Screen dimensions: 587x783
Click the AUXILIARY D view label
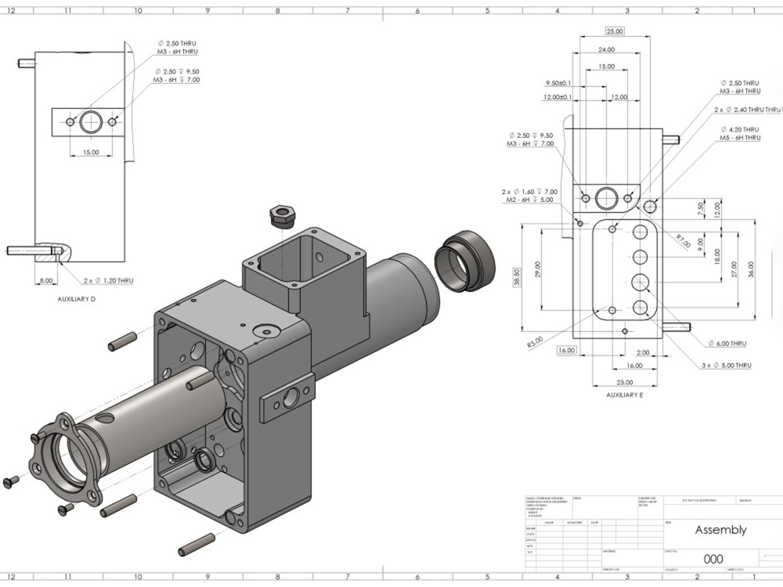78,299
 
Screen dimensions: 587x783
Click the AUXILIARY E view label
624,395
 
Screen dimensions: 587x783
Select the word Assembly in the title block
720,530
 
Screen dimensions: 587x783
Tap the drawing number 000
713,559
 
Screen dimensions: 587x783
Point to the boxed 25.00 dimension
615,31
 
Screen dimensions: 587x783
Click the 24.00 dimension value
606,49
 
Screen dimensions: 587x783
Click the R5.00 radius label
535,342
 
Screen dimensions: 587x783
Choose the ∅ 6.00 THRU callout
727,344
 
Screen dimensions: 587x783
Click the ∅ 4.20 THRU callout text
739,129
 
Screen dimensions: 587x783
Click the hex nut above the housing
280,214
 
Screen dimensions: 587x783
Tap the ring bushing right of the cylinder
466,261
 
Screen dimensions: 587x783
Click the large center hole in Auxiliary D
92,122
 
